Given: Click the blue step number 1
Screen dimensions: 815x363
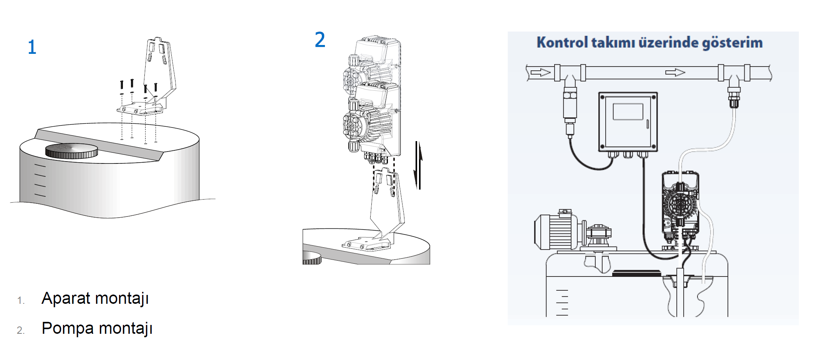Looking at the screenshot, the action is pos(32,47).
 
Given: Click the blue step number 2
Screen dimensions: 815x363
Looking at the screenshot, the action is pos(320,40).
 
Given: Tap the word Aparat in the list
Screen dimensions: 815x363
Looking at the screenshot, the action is pos(66,298).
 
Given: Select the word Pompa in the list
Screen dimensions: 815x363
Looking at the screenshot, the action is pos(68,328).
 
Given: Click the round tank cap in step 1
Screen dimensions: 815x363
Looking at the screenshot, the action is pos(72,151).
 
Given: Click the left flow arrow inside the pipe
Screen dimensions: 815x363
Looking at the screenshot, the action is pos(540,72).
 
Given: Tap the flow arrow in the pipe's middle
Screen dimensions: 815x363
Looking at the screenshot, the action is pos(675,72).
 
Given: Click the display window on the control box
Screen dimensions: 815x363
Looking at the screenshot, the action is pos(628,112).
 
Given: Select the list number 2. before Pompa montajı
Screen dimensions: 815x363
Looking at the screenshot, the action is pos(21,330).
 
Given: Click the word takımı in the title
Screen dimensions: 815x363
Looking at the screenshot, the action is pos(613,42).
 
